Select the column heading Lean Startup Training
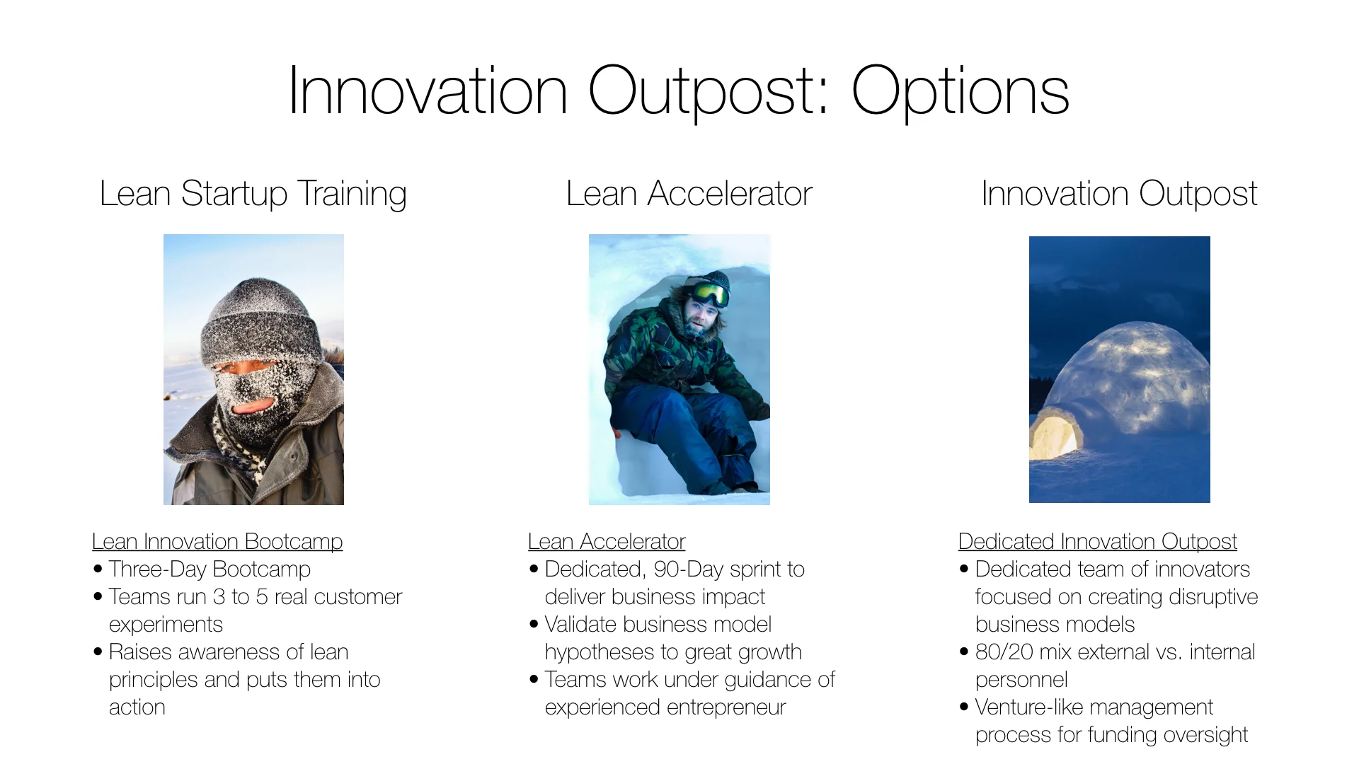(x=253, y=194)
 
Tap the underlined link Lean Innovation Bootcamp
(x=217, y=541)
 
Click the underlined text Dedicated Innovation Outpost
(x=1097, y=541)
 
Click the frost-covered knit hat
(x=260, y=322)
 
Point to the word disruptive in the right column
(x=1213, y=597)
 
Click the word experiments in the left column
(x=166, y=625)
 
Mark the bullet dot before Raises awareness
(x=98, y=652)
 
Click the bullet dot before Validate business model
(x=534, y=624)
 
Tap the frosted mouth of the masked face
(x=253, y=407)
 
